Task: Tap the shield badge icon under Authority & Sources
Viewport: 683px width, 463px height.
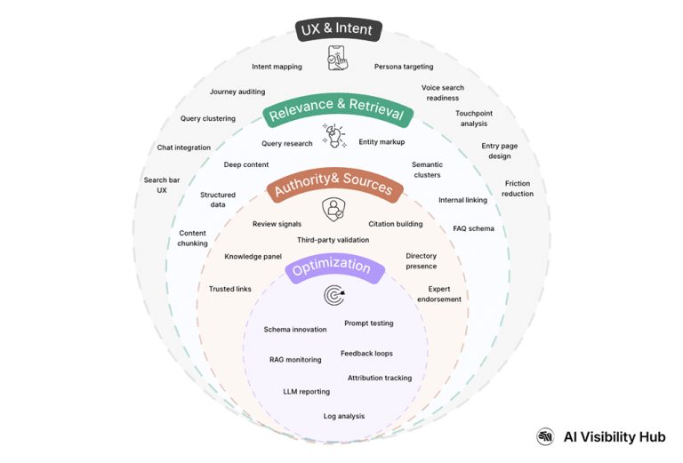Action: tap(333, 211)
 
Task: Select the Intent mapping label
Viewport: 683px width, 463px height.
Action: tap(277, 67)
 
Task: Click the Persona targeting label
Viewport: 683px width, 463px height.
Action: tap(404, 67)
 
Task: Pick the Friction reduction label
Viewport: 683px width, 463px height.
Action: tap(518, 188)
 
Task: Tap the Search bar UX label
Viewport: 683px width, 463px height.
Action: tap(162, 185)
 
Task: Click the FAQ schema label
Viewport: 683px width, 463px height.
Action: tap(473, 228)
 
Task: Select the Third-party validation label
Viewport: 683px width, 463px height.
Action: tap(333, 240)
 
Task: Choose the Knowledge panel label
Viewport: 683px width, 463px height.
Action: tap(253, 257)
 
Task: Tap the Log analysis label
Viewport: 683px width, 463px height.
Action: tap(343, 416)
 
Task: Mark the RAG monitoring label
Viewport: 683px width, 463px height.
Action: tap(294, 360)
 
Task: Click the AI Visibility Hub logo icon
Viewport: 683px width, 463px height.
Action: tap(545, 436)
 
